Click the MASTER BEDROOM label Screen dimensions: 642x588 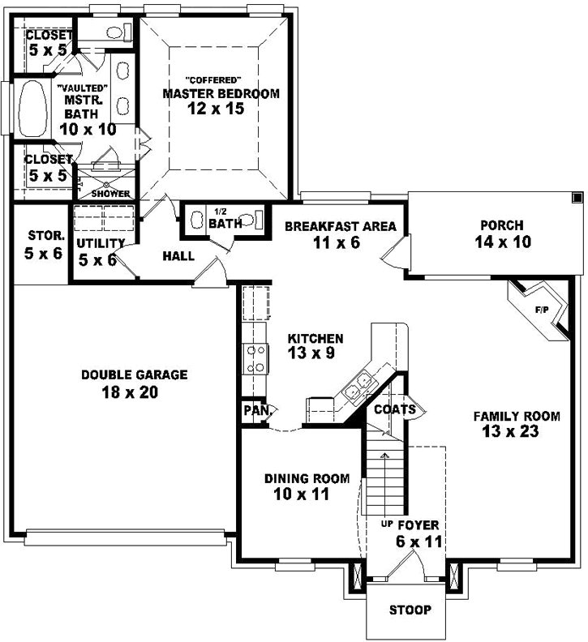[221, 94]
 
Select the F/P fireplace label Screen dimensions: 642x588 [541, 310]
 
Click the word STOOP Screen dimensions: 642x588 [410, 610]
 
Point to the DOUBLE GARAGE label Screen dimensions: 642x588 [134, 375]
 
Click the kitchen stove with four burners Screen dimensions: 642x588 [256, 358]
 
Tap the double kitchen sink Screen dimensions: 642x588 [358, 387]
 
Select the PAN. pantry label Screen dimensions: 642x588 [256, 410]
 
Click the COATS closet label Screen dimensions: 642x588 [394, 409]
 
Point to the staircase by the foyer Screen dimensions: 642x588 [383, 478]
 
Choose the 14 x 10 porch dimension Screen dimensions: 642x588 [501, 242]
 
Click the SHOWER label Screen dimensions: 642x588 [110, 194]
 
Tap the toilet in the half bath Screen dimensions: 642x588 [254, 220]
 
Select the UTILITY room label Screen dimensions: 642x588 [100, 243]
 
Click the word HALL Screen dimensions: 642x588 [178, 256]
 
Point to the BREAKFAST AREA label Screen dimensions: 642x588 [340, 227]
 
